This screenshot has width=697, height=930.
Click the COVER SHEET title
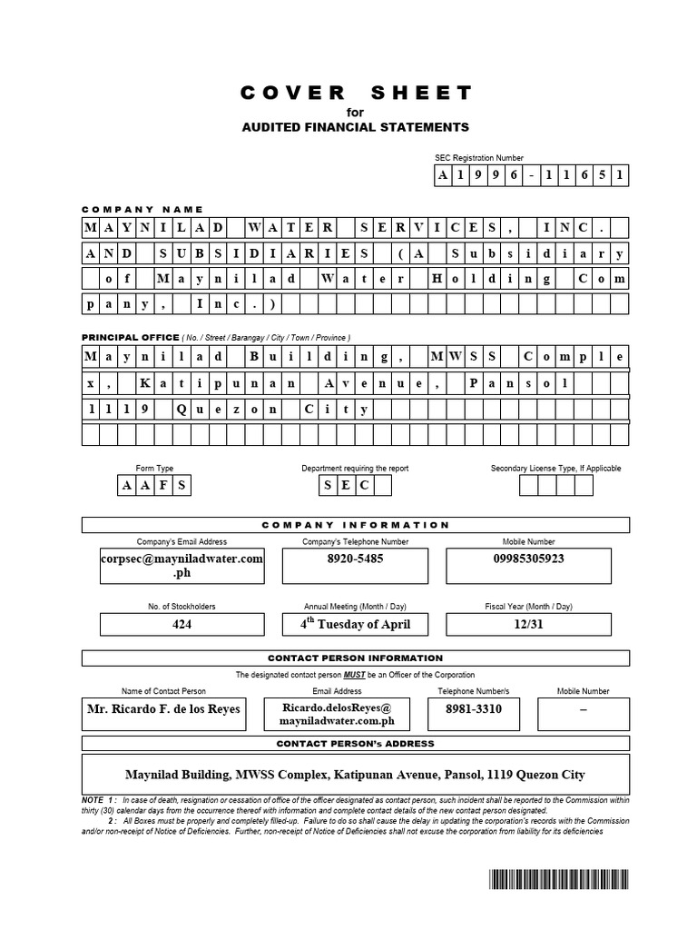pos(356,93)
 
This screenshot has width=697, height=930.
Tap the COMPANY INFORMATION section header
pos(356,525)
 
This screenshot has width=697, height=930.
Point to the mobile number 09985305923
pos(529,559)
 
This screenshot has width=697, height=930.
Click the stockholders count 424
pos(182,624)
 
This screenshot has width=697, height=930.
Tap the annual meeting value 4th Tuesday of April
pos(355,624)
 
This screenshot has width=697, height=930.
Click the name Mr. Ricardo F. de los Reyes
pos(163,707)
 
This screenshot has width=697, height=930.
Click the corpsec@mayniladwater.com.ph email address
pos(182,565)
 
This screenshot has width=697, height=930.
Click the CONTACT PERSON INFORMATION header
pos(356,658)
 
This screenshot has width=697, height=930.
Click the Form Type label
pos(154,468)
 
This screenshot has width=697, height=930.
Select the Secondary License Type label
pos(555,468)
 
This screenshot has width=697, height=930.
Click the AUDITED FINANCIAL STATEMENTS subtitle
pos(356,126)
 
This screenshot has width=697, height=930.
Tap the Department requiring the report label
pos(355,468)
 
